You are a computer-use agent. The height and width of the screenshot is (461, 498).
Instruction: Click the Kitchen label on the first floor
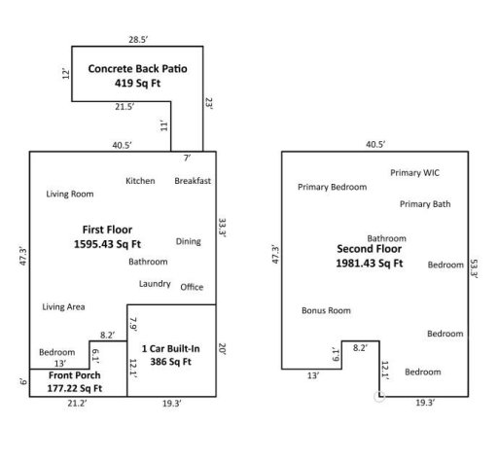pyautogui.click(x=140, y=181)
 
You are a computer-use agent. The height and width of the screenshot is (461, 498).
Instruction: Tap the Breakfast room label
pyautogui.click(x=194, y=181)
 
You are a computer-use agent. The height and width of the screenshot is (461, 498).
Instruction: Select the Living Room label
pyautogui.click(x=70, y=194)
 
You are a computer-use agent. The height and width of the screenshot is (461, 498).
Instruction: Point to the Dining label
pyautogui.click(x=189, y=241)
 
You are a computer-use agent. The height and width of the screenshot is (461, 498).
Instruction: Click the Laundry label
pyautogui.click(x=156, y=283)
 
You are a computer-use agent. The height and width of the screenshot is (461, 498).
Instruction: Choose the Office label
pyautogui.click(x=192, y=287)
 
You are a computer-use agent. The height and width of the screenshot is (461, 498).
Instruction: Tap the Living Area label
pyautogui.click(x=63, y=306)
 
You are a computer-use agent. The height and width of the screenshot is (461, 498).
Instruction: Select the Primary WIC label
pyautogui.click(x=415, y=172)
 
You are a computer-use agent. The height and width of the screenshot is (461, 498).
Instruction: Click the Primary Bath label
pyautogui.click(x=425, y=204)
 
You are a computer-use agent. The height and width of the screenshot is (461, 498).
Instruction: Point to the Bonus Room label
pyautogui.click(x=326, y=310)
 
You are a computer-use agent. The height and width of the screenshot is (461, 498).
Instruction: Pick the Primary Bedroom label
pyautogui.click(x=332, y=187)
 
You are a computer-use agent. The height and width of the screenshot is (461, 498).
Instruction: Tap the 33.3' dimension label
pyautogui.click(x=222, y=230)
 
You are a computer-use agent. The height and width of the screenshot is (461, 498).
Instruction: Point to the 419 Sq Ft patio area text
pyautogui.click(x=137, y=84)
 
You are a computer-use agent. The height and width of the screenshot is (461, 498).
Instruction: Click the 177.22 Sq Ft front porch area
pyautogui.click(x=75, y=387)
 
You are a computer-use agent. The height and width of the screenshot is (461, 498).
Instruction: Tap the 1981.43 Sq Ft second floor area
pyautogui.click(x=369, y=263)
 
